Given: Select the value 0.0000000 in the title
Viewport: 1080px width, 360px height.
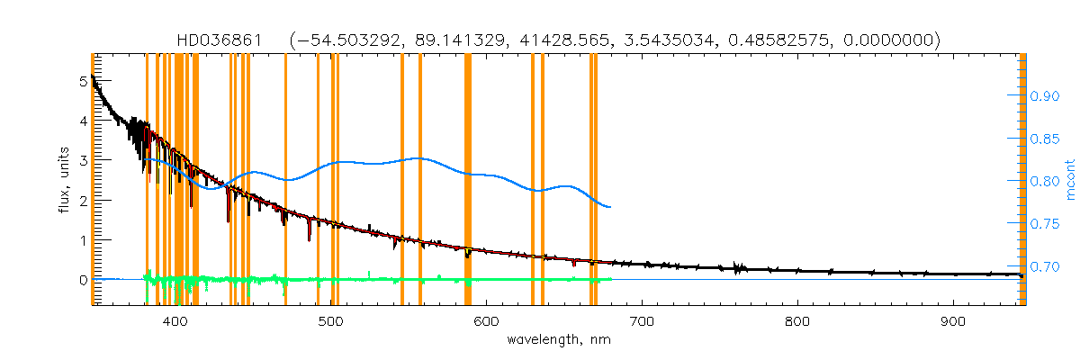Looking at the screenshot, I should pyautogui.click(x=895, y=40).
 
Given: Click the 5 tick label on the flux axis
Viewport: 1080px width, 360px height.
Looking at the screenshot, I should pyautogui.click(x=83, y=81).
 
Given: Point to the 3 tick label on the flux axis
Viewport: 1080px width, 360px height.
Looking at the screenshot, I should pyautogui.click(x=83, y=160).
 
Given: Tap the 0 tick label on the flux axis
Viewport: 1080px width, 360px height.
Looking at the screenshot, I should pyautogui.click(x=83, y=280).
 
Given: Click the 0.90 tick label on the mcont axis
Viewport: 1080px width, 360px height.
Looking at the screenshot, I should pyautogui.click(x=1044, y=95).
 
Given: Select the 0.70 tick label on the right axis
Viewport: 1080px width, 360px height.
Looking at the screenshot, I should pyautogui.click(x=1044, y=266).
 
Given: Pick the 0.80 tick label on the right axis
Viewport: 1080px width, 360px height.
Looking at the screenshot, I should pyautogui.click(x=1044, y=181).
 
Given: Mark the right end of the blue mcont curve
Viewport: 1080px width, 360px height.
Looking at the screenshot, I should pyautogui.click(x=611, y=207).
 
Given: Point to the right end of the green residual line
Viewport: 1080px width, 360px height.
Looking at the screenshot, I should pyautogui.click(x=611, y=279).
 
